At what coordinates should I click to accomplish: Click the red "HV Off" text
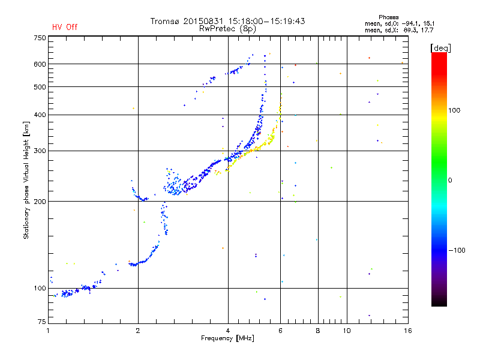click(65, 27)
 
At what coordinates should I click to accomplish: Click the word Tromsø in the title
click(164, 21)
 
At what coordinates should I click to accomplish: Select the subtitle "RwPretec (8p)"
click(227, 29)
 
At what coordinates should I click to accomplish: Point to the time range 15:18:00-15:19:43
click(266, 21)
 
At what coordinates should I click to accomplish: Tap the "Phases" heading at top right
click(388, 17)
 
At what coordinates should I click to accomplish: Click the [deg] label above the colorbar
click(440, 48)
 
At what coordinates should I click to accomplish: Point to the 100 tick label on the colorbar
click(454, 110)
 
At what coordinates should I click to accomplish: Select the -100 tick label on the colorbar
click(457, 250)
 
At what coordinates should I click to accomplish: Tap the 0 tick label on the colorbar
click(450, 181)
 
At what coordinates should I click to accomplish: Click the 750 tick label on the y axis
click(40, 38)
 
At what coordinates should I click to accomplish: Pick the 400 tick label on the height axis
click(40, 115)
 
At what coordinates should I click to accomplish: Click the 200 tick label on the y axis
click(40, 202)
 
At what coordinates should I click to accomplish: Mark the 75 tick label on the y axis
click(42, 322)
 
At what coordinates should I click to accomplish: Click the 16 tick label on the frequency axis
click(408, 331)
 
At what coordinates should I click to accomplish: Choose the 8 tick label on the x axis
click(318, 331)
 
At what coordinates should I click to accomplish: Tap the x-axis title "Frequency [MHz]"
click(227, 338)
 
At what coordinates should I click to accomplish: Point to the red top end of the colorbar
click(439, 53)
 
